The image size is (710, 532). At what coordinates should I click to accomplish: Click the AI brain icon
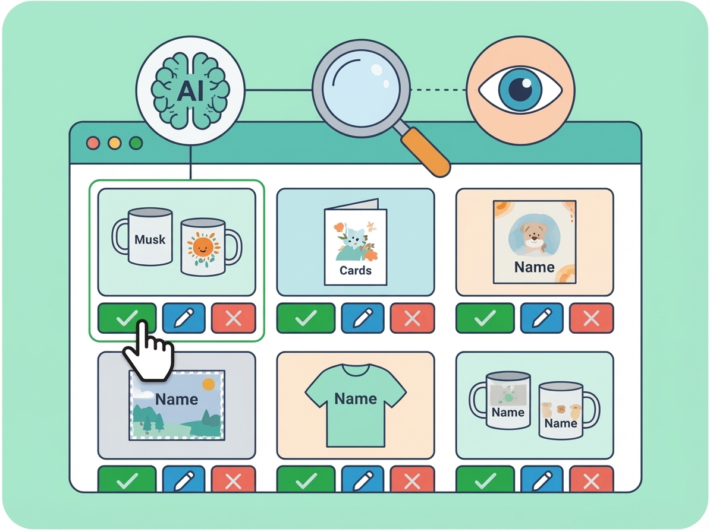point(190,91)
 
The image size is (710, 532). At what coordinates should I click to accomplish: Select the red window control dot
point(93,143)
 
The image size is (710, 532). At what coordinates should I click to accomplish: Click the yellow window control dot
point(114,143)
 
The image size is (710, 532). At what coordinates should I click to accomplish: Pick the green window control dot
point(136,143)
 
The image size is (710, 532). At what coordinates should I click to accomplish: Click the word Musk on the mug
point(150,240)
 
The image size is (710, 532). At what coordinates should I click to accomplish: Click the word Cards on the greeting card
point(356,270)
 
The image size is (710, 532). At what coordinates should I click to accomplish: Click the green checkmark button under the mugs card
point(127,318)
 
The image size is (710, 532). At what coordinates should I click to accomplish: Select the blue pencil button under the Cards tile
point(363,318)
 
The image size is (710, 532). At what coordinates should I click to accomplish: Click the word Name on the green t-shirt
point(356,398)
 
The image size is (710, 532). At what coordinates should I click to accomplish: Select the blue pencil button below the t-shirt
point(363,480)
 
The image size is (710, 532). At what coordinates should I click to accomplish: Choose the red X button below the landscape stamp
point(234,480)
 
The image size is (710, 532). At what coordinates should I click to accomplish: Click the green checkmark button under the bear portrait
point(485,318)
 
